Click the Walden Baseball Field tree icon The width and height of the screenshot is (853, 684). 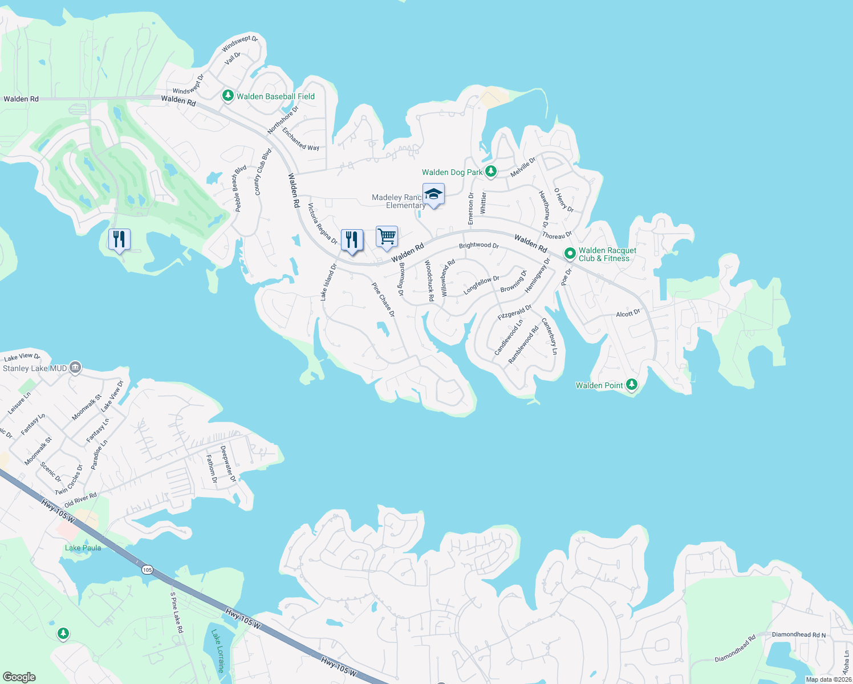[x=228, y=96]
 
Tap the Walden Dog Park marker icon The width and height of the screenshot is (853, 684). [x=490, y=172]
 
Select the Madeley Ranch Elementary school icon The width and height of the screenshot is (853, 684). [x=433, y=194]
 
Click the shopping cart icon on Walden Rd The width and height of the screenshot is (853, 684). [x=387, y=237]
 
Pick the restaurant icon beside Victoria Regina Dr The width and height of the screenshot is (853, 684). [x=352, y=239]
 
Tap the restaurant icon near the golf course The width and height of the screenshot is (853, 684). [x=119, y=239]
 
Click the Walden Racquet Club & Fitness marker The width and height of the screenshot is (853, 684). [x=570, y=254]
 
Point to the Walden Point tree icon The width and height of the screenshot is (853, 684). [x=631, y=385]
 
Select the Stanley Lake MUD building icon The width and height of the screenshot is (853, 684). [x=75, y=368]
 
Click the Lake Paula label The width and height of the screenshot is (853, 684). [x=83, y=548]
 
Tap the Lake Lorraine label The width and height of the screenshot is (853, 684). [x=218, y=651]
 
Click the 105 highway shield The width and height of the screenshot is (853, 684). [x=147, y=569]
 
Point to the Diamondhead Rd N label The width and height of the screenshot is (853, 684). [x=798, y=634]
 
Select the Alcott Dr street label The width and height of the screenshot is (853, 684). [x=628, y=313]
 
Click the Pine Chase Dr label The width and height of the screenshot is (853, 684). [x=383, y=300]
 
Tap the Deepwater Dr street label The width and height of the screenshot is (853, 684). [x=228, y=464]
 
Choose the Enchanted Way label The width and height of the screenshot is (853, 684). [x=300, y=139]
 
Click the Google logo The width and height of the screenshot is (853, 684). [x=19, y=677]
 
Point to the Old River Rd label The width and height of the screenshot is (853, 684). [x=80, y=500]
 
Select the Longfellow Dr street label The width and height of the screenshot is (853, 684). [x=481, y=285]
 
